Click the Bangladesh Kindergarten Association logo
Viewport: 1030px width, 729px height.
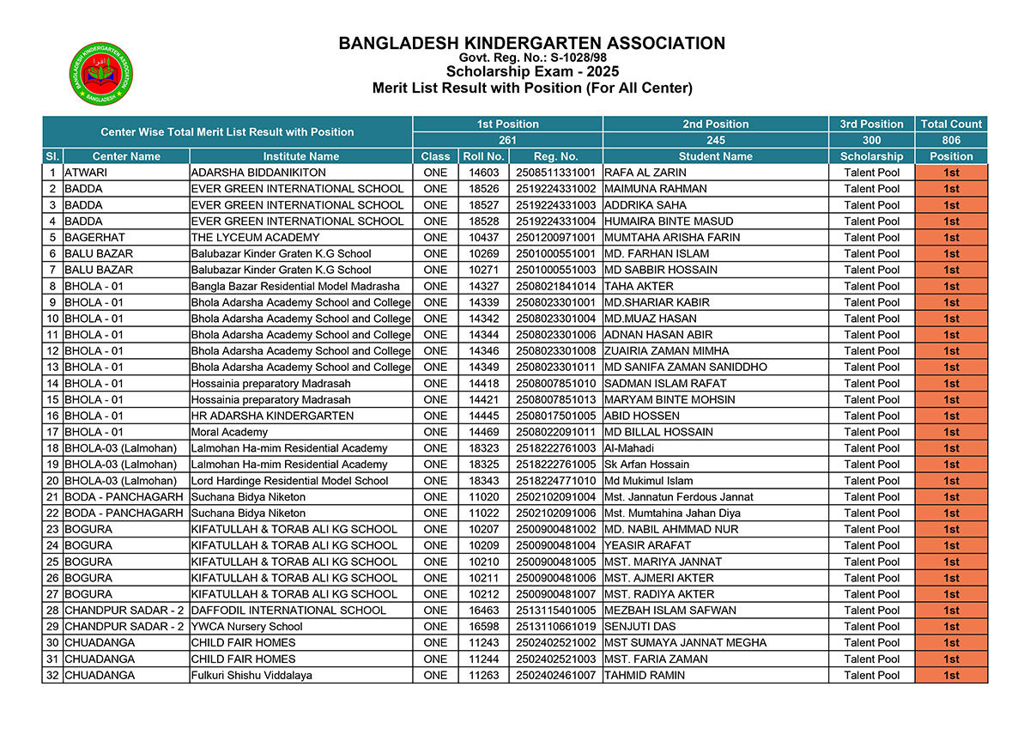click(x=101, y=74)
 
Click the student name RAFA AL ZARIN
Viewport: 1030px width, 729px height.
click(x=645, y=173)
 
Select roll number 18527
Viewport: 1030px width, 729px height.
click(x=483, y=205)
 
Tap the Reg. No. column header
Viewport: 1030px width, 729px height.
click(x=555, y=156)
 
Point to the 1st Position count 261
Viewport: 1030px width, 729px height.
click(x=508, y=140)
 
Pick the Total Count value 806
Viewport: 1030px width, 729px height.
click(x=951, y=140)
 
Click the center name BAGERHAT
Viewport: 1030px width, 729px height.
click(x=94, y=237)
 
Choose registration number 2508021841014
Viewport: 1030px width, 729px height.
click(x=555, y=286)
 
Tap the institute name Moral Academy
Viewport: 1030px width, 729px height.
click(x=229, y=432)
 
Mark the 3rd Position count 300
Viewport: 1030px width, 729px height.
click(x=871, y=140)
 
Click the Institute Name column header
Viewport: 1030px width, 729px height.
click(x=300, y=156)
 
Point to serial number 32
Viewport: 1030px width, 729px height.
click(x=52, y=676)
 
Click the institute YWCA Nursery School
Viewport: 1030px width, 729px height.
click(x=246, y=627)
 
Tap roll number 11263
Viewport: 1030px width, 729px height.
click(x=483, y=676)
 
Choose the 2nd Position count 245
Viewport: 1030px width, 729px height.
click(x=716, y=140)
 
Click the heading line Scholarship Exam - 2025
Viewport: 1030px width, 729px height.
click(x=531, y=72)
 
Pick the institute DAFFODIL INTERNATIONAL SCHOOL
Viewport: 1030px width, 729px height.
click(x=288, y=611)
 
